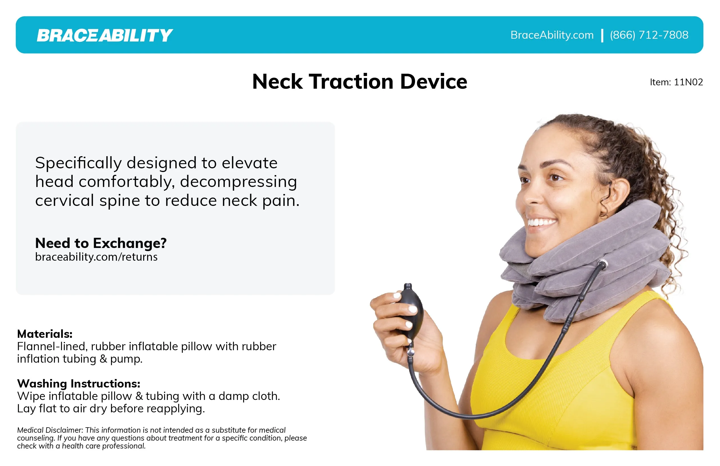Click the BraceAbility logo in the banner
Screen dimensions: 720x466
pos(105,35)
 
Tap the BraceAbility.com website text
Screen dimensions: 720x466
pos(552,35)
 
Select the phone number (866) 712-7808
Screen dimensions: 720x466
pos(649,35)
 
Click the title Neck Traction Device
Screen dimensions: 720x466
pos(360,81)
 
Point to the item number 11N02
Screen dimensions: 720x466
pos(688,82)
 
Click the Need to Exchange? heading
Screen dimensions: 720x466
pos(101,243)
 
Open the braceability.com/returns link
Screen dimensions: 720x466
pos(96,257)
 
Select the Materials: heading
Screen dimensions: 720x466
pos(45,334)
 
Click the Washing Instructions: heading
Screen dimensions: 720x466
pos(79,384)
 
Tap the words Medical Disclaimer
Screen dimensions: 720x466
pos(50,430)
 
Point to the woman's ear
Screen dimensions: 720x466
pos(614,197)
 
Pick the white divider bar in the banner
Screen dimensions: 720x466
pos(602,35)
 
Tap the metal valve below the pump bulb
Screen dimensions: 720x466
pos(410,352)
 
